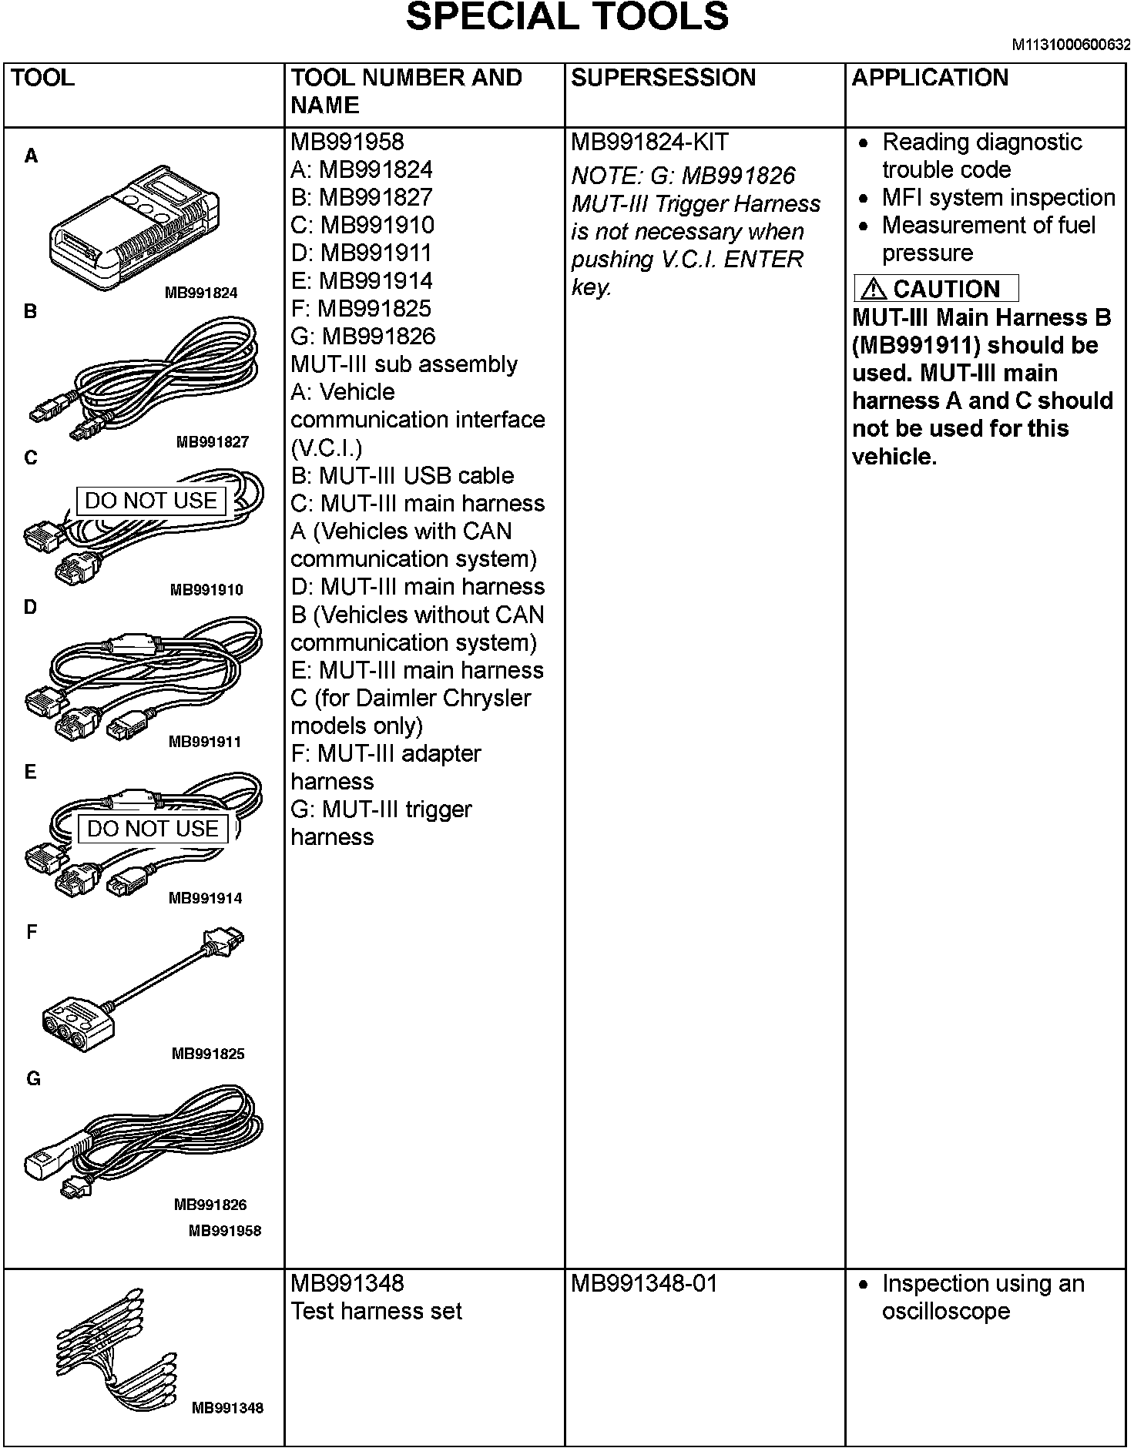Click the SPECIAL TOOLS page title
point(567,18)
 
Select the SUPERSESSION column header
point(663,78)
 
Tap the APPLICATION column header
point(930,78)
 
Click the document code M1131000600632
point(1071,45)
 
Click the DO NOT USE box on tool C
point(151,501)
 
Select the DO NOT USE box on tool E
point(153,829)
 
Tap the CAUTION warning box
point(936,289)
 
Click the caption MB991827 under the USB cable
point(212,442)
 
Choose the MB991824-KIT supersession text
point(649,142)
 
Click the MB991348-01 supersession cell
point(644,1284)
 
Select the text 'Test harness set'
point(376,1312)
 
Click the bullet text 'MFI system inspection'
point(998,198)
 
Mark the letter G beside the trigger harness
point(33,1079)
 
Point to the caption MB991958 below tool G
point(225,1231)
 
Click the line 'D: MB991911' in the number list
point(361,253)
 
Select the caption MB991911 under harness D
point(205,742)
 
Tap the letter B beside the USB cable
point(31,312)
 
